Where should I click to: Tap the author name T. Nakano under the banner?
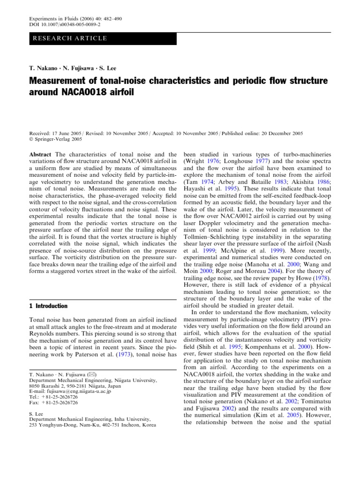pyautogui.click(x=43, y=68)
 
